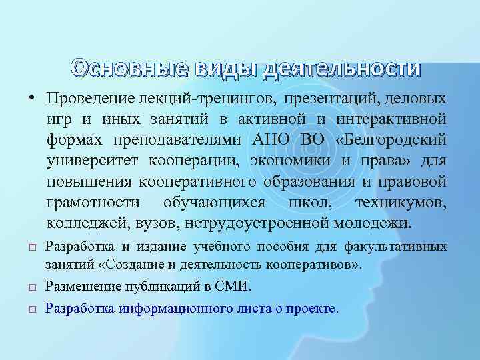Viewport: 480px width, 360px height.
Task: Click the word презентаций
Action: [323, 100]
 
